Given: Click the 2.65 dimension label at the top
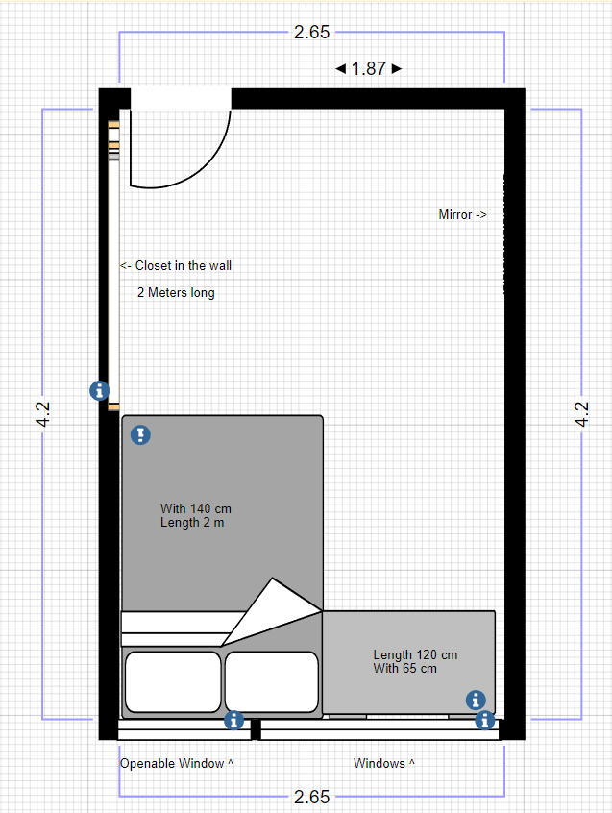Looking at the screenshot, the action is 311,32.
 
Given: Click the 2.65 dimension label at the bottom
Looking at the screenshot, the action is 311,797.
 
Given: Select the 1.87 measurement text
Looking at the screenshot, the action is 368,68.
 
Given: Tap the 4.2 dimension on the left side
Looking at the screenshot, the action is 43,414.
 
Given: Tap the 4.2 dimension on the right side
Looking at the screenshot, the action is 582,414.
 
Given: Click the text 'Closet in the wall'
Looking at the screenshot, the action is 183,265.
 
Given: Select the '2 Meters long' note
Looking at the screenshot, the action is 176,292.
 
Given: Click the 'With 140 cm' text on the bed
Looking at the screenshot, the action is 195,508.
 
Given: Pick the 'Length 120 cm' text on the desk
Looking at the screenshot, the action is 415,654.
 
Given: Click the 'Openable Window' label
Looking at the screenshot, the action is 172,763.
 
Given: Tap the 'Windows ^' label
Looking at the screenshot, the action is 383,763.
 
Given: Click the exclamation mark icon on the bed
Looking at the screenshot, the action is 140,434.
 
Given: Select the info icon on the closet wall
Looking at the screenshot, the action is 100,390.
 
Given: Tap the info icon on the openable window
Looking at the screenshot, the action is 233,720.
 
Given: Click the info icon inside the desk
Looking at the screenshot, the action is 476,700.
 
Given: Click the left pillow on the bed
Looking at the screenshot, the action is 173,681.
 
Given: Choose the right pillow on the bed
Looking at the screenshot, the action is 272,681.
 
